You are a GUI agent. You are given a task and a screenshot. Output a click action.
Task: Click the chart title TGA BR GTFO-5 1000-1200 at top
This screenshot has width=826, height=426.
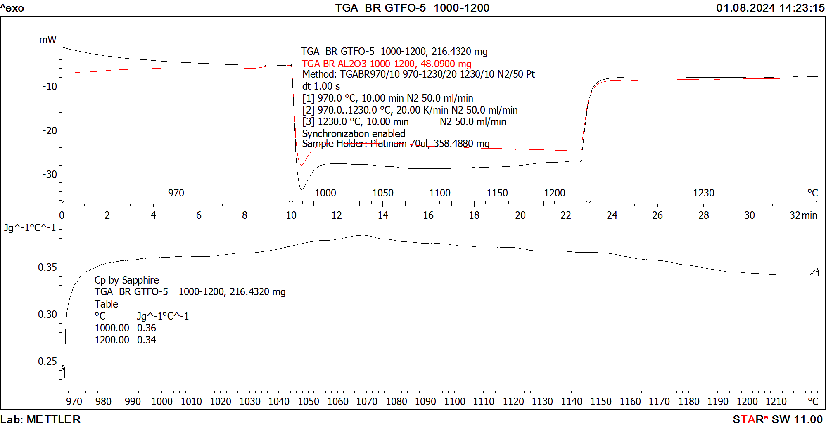click(412, 8)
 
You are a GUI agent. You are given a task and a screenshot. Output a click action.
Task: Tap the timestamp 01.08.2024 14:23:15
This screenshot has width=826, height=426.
click(770, 8)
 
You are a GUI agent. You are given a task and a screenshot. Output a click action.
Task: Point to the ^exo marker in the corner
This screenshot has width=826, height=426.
click(12, 8)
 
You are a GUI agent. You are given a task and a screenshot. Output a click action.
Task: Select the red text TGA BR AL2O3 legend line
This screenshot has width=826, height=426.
click(386, 64)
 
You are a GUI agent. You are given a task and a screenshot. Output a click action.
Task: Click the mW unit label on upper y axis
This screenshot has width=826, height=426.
click(47, 40)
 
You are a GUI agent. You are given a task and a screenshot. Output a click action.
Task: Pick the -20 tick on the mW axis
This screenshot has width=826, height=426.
click(50, 130)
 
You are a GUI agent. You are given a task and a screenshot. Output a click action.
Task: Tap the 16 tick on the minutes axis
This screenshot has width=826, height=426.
click(428, 215)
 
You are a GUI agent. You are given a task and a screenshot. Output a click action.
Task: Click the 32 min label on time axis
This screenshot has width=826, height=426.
click(803, 215)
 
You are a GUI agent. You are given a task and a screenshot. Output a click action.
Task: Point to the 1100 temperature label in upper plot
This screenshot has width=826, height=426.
click(440, 193)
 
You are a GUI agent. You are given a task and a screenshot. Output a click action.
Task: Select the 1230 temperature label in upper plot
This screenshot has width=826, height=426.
click(703, 193)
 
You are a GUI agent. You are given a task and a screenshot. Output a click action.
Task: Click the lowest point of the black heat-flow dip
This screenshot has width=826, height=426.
click(302, 189)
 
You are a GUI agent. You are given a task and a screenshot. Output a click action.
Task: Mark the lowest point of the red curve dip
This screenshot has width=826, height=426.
click(301, 165)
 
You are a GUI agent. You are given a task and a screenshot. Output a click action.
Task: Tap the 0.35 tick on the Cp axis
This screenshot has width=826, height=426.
click(47, 267)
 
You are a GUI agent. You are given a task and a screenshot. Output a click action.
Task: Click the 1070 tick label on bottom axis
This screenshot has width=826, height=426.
click(367, 401)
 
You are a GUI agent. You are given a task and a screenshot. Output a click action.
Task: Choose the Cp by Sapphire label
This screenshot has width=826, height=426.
click(126, 280)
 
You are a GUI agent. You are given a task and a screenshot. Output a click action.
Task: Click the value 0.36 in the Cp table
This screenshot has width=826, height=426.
click(147, 328)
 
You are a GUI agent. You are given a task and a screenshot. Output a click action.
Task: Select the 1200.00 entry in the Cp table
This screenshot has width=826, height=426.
click(112, 340)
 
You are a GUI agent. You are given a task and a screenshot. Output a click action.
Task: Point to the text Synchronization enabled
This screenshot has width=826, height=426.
click(354, 133)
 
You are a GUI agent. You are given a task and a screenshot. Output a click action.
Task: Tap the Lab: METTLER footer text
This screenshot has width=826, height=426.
click(40, 419)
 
